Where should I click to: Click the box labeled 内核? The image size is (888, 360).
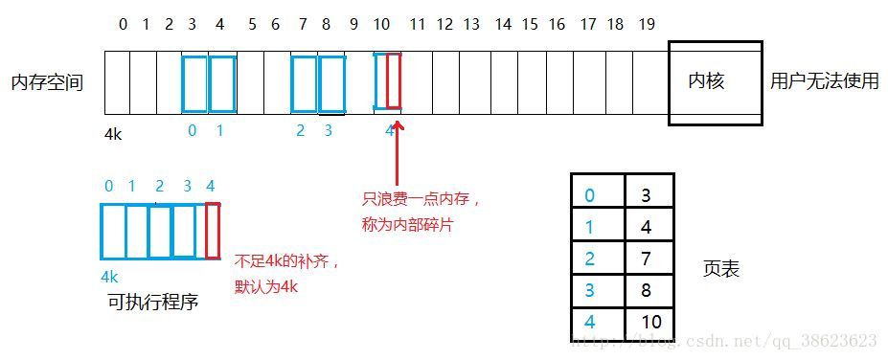tap(715, 82)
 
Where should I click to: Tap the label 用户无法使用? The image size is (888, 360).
tap(824, 82)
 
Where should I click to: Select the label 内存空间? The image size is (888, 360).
tap(47, 82)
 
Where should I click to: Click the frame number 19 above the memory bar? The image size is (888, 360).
tap(647, 24)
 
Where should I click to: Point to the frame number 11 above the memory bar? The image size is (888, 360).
tap(417, 24)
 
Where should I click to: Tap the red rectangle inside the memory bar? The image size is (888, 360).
tap(394, 82)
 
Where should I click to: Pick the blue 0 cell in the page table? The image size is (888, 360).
tap(597, 194)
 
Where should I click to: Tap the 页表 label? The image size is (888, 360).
tap(720, 269)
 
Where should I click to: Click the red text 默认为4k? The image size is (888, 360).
tap(266, 285)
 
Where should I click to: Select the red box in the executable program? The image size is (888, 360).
tap(212, 230)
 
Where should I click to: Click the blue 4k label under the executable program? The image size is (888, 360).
tap(109, 276)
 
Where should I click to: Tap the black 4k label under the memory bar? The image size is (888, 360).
tap(113, 135)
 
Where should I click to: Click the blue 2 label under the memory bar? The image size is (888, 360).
tap(300, 131)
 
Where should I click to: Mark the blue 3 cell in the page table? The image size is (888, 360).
tap(597, 288)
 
